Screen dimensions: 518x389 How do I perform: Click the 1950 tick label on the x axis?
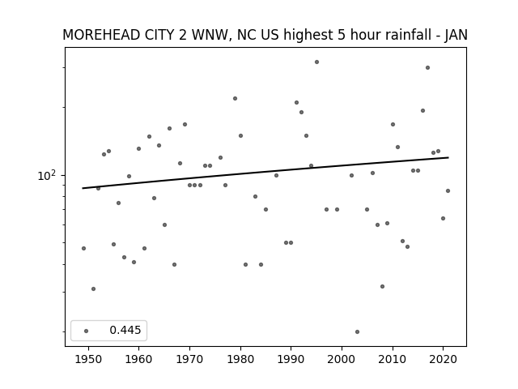click(88, 359)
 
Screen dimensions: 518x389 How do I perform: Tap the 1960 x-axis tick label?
click(138, 359)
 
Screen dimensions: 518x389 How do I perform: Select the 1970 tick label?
click(189, 359)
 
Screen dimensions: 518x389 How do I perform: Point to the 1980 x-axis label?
click(240, 359)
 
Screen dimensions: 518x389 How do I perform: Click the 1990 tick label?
click(291, 359)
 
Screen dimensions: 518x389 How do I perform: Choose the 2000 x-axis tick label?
click(342, 359)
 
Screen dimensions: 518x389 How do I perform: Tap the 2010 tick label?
click(393, 359)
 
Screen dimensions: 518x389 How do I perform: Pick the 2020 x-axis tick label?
click(444, 359)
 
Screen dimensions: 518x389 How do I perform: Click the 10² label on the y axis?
click(47, 175)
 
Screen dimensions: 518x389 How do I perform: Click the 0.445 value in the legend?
click(125, 330)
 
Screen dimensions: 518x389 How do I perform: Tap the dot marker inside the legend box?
click(87, 331)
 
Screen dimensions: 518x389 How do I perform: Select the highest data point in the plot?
click(316, 62)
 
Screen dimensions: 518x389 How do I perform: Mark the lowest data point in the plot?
click(357, 331)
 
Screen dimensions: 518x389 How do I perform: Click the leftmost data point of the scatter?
click(83, 249)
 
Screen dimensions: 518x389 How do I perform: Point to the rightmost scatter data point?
click(448, 191)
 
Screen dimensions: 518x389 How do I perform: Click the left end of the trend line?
click(83, 188)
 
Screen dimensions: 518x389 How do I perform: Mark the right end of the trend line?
click(448, 157)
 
